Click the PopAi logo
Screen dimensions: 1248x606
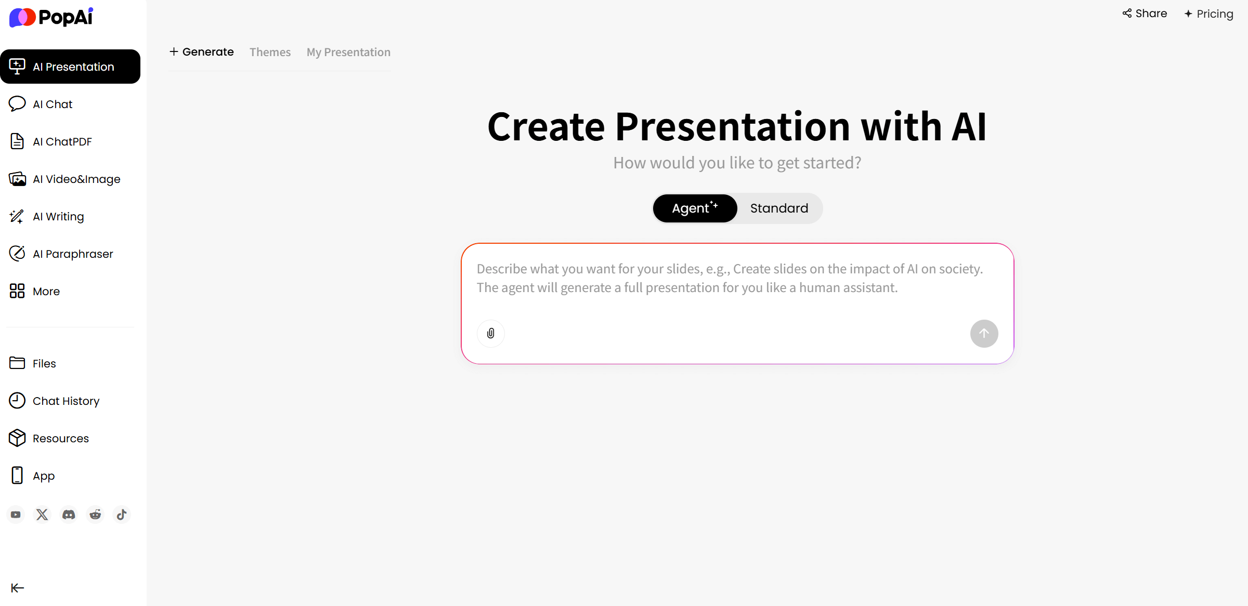point(51,17)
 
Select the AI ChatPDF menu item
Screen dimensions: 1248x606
point(50,141)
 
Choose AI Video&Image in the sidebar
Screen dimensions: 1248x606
point(64,179)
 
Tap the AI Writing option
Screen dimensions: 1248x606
point(46,216)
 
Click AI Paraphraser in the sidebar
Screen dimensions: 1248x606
point(61,254)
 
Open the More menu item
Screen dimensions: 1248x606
point(34,291)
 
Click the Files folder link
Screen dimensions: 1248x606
point(32,363)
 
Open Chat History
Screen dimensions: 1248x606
point(54,401)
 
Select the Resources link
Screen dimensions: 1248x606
point(49,438)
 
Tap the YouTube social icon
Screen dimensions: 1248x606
point(16,515)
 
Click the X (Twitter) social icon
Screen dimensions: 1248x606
point(42,515)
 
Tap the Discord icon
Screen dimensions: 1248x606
point(69,515)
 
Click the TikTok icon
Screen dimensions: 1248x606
point(122,515)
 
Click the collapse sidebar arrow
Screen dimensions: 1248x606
point(18,588)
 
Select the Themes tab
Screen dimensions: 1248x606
point(270,52)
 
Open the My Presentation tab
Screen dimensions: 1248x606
point(348,52)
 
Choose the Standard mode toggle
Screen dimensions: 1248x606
point(779,208)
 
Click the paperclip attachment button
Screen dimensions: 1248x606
point(491,333)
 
